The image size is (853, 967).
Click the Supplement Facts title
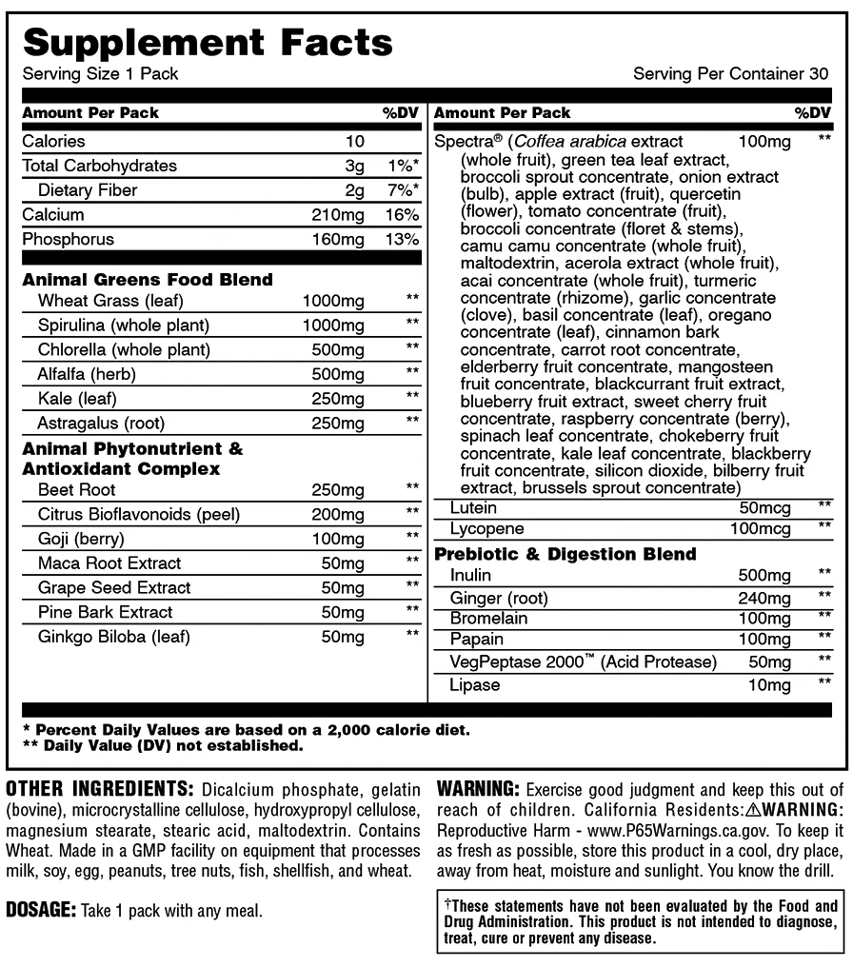[208, 42]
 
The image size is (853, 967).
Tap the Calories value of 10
[355, 141]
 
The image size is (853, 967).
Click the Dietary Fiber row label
[88, 189]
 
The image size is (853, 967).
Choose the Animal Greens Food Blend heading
[148, 279]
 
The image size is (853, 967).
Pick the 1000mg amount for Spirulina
[333, 325]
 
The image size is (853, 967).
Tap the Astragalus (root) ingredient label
[101, 422]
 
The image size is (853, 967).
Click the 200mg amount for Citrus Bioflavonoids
[338, 514]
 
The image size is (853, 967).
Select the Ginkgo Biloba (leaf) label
[113, 637]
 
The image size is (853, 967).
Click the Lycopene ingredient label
[487, 528]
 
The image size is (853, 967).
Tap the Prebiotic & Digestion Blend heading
[565, 553]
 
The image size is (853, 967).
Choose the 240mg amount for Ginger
[764, 599]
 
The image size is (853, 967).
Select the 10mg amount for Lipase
[769, 684]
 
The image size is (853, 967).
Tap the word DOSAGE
[40, 909]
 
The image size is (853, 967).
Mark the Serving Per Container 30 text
[730, 74]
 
